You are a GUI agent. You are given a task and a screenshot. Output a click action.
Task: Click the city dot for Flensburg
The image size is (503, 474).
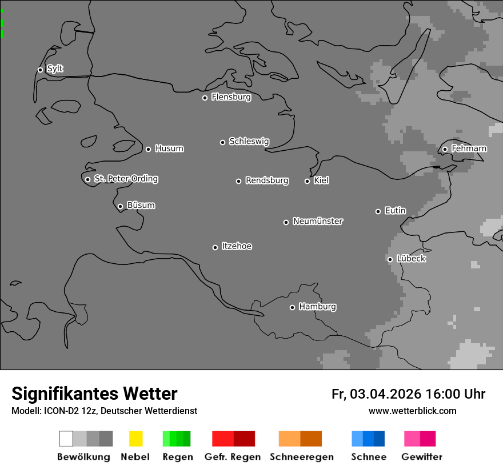pyautogui.click(x=205, y=98)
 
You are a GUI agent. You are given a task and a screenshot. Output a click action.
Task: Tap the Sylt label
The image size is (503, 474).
pyautogui.click(x=55, y=69)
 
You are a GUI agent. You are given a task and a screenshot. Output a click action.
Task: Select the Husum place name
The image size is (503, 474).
pyautogui.click(x=169, y=149)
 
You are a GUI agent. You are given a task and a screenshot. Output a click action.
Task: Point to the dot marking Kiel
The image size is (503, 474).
pyautogui.click(x=307, y=181)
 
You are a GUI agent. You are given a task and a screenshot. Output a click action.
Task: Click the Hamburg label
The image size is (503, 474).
pyautogui.click(x=317, y=307)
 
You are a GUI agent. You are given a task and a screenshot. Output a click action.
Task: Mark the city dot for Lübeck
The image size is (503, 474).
pyautogui.click(x=390, y=259)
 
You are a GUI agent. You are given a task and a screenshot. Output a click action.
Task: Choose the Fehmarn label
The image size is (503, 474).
pyautogui.click(x=469, y=149)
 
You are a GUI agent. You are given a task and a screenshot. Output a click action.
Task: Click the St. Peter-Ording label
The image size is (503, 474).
pyautogui.click(x=126, y=179)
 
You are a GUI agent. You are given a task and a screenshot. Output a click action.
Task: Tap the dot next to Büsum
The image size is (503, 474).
pyautogui.click(x=120, y=206)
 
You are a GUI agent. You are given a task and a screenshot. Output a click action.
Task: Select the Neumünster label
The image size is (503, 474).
pyautogui.click(x=318, y=222)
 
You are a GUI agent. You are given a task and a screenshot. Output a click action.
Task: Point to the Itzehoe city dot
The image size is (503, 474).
pyautogui.click(x=215, y=247)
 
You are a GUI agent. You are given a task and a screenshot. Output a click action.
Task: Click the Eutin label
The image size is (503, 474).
pyautogui.click(x=395, y=211)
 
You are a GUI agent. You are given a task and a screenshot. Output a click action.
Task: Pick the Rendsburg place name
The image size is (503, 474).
pyautogui.click(x=267, y=181)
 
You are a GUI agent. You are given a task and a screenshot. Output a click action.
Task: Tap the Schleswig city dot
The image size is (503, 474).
pyautogui.click(x=222, y=142)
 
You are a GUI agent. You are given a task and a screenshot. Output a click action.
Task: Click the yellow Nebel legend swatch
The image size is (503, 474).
pyautogui.click(x=135, y=439)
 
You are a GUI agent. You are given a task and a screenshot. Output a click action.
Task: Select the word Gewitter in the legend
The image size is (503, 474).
pyautogui.click(x=422, y=457)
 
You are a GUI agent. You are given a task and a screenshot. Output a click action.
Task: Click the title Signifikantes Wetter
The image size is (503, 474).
pyautogui.click(x=94, y=394)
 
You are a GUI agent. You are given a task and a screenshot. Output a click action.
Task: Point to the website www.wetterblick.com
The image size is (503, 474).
pyautogui.click(x=412, y=411)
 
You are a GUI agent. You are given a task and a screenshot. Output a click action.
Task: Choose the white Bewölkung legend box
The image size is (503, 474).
pyautogui.click(x=66, y=439)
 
